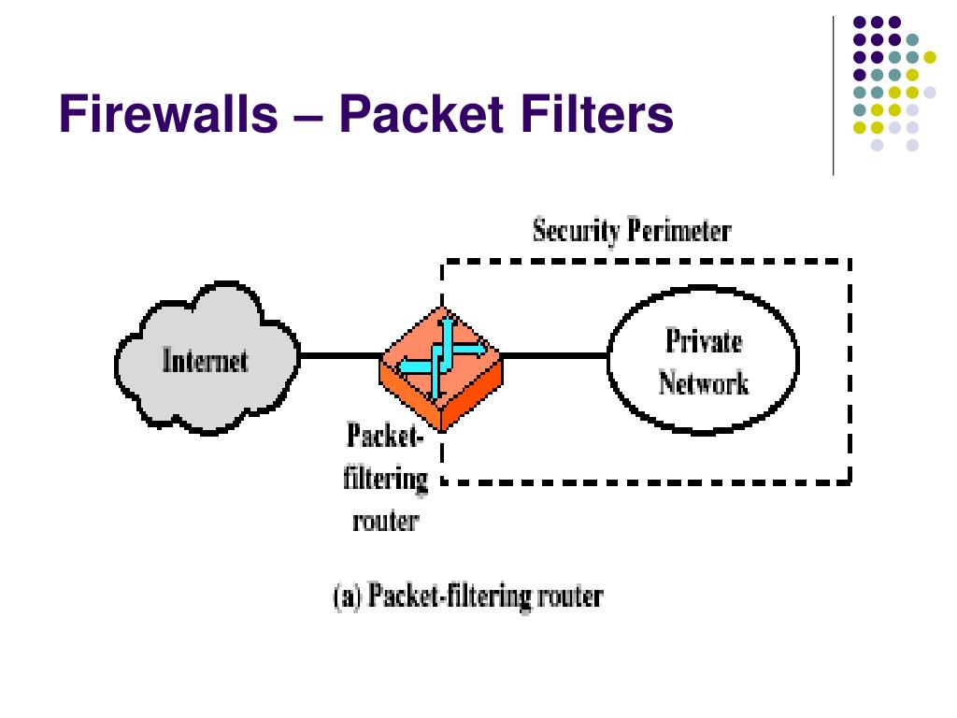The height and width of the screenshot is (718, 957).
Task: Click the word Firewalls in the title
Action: [168, 113]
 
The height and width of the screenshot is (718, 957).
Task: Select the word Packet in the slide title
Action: [421, 113]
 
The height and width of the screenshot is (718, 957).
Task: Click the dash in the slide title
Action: [308, 117]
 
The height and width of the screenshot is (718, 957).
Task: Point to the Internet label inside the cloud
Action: [205, 360]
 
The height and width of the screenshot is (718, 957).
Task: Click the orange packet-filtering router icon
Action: [441, 368]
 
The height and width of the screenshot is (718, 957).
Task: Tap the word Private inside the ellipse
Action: [703, 340]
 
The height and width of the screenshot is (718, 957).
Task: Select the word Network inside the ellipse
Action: [703, 382]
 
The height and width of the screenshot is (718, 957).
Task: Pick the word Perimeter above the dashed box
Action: [679, 230]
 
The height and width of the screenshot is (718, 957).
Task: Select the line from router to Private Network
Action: [554, 355]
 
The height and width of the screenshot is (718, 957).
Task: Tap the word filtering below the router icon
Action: [385, 478]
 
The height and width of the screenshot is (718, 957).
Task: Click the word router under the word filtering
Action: [386, 521]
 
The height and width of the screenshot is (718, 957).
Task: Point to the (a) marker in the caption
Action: [348, 596]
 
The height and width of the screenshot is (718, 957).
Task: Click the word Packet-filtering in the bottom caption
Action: [450, 596]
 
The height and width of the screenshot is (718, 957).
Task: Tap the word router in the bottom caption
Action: [570, 596]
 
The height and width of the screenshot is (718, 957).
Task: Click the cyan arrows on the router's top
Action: [442, 358]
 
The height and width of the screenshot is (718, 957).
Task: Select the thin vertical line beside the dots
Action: [833, 96]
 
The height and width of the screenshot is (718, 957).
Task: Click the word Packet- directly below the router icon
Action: [384, 436]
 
